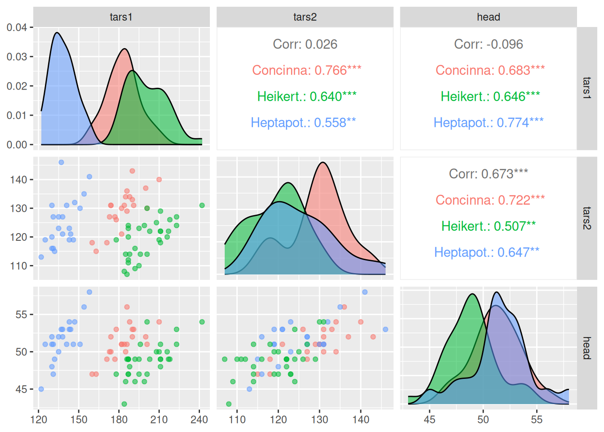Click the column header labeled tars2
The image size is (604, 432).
click(305, 17)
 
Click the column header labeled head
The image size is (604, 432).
click(488, 17)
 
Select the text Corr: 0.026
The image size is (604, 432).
click(305, 44)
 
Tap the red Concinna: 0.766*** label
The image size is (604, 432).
click(306, 70)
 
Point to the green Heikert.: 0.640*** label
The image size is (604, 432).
click(306, 96)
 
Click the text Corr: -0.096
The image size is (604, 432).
click(488, 44)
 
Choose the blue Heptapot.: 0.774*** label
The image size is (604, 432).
click(488, 122)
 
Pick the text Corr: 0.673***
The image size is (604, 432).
click(488, 174)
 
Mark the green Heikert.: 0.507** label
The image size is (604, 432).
click(488, 226)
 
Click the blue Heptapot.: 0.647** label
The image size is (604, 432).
click(486, 252)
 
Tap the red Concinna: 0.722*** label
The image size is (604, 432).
click(490, 200)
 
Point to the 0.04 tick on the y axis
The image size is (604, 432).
click(17, 27)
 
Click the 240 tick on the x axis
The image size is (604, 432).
click(199, 419)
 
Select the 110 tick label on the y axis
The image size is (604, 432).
click(18, 265)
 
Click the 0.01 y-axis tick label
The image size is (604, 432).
click(17, 115)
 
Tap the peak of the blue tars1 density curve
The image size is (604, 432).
click(57, 33)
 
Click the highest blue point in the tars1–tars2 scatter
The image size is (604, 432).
click(61, 162)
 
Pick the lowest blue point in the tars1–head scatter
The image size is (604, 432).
click(41, 389)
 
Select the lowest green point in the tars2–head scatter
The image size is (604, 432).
click(229, 404)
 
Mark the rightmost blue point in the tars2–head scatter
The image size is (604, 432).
click(385, 329)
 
